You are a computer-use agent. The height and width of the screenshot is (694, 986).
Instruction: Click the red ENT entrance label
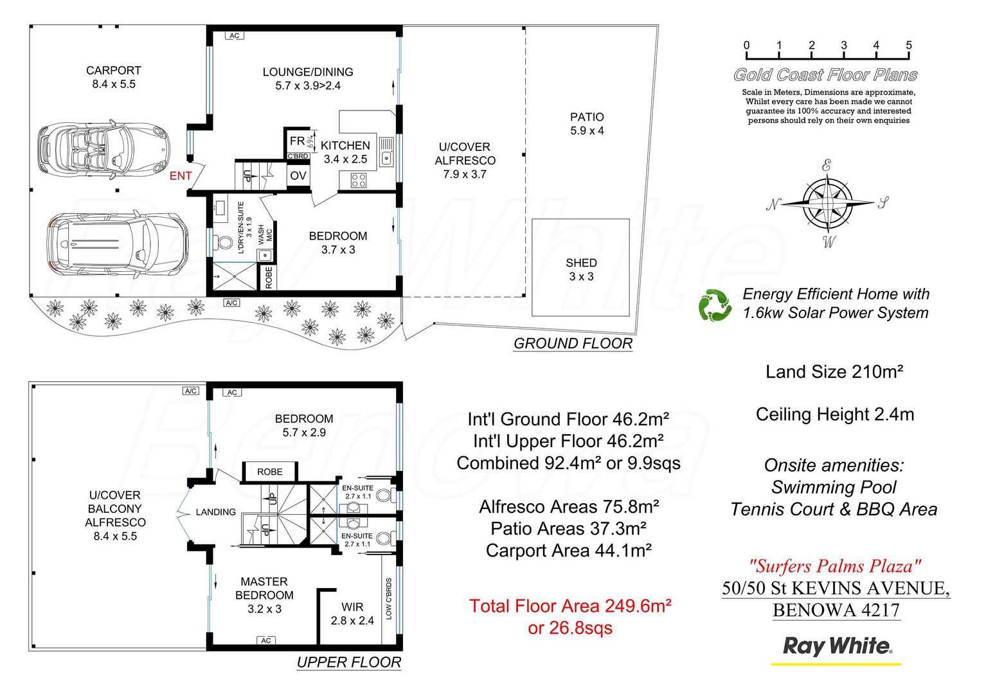click(181, 175)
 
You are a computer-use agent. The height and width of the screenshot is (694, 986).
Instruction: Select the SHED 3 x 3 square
click(580, 268)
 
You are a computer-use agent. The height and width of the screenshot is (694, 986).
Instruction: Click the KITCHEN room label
click(345, 146)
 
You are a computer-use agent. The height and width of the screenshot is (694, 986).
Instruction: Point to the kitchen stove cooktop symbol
click(358, 181)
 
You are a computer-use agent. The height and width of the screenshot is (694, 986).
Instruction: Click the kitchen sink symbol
click(386, 152)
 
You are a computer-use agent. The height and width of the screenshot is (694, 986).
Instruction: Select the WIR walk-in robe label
click(352, 607)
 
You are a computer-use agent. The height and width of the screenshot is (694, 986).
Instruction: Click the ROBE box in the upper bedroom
click(270, 472)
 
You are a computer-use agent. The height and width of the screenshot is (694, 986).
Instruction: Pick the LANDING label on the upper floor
click(215, 512)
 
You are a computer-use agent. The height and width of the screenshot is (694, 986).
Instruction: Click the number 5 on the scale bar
click(908, 45)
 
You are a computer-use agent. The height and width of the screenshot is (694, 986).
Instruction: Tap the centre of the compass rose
click(828, 203)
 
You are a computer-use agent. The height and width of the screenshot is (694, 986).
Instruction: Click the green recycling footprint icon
click(715, 305)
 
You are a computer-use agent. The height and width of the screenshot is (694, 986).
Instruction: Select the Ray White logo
click(836, 646)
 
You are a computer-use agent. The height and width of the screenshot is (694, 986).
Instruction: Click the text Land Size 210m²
click(834, 372)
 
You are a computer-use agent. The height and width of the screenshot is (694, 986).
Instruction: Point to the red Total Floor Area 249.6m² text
click(570, 606)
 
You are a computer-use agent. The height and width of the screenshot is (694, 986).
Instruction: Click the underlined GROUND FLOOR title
click(573, 344)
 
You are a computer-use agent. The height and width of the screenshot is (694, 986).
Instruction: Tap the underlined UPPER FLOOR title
click(349, 663)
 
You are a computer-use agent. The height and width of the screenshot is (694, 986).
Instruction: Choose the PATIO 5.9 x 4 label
click(587, 123)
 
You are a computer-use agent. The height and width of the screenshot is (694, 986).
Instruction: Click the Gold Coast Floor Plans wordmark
click(825, 75)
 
